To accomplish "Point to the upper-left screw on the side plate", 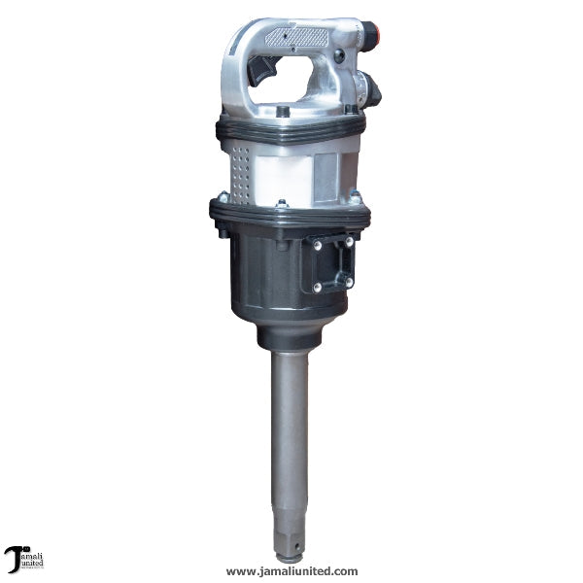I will [317, 246].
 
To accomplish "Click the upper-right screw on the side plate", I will [348, 241].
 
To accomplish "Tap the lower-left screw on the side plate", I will [317, 287].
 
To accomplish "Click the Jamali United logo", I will [23, 559].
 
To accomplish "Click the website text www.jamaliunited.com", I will [291, 571].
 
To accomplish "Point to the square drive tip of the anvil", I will [289, 542].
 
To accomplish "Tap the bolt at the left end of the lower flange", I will [223, 232].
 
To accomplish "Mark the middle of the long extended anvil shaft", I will [289, 437].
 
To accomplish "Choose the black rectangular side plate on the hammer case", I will [332, 263].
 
